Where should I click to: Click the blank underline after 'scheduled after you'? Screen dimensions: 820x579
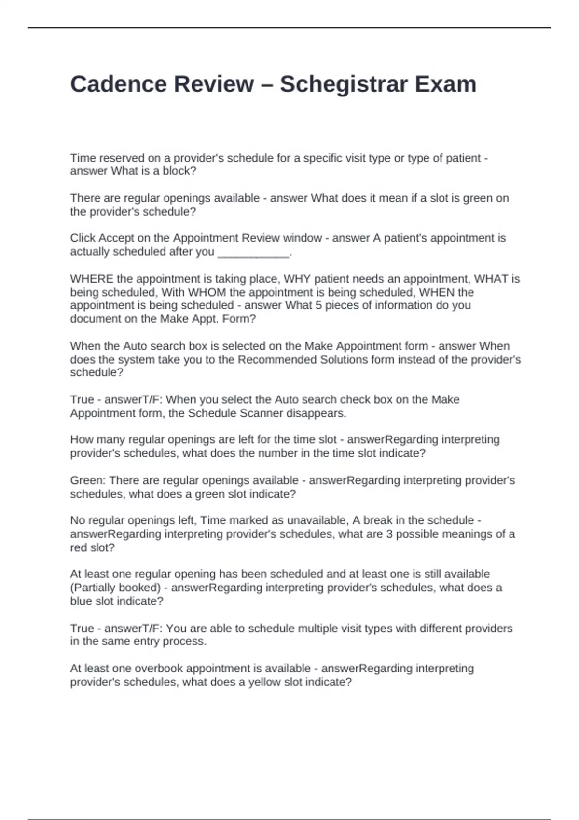[253, 252]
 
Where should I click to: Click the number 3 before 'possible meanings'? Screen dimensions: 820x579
[389, 534]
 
